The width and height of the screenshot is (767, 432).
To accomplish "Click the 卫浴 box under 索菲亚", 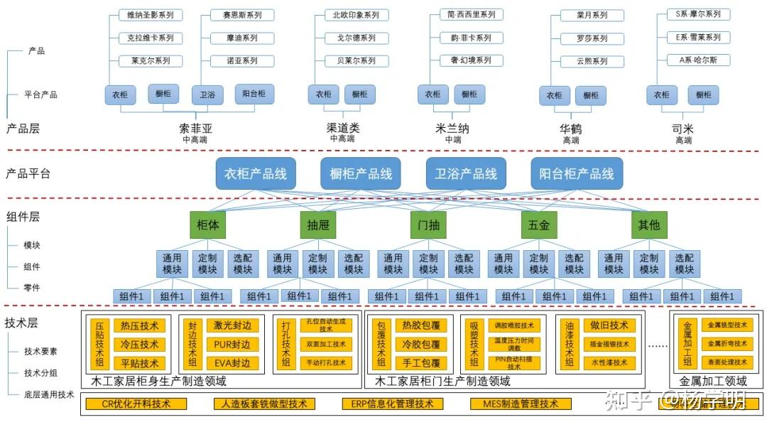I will (207, 94).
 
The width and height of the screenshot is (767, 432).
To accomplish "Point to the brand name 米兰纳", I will (452, 129).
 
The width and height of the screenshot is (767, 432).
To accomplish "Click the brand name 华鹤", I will (570, 129).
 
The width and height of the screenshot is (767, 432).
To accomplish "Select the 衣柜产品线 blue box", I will (256, 173).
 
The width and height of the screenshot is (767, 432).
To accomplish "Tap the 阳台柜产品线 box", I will (577, 173).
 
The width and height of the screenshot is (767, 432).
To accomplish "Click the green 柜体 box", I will (207, 225).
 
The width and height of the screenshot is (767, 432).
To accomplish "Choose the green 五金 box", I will (539, 225).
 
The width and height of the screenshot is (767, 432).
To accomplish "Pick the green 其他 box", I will (649, 225).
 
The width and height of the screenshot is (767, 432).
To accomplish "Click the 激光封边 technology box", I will (232, 325).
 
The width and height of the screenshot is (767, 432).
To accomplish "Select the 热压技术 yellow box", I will (139, 325).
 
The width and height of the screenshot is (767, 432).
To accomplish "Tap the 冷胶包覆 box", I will (420, 345).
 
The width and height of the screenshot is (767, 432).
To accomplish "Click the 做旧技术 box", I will (609, 325).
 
